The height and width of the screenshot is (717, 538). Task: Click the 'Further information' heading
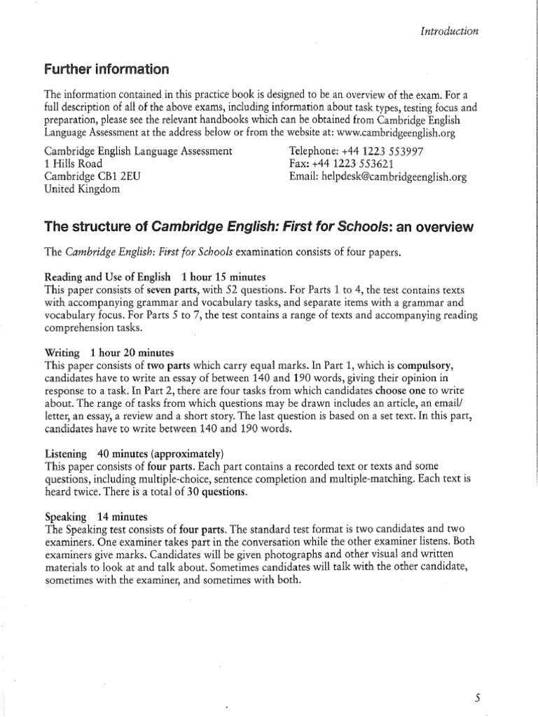[106, 69]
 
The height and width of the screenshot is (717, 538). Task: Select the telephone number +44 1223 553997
[371, 151]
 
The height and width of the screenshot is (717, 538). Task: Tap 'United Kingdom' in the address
[82, 190]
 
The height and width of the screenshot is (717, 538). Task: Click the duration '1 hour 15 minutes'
[222, 277]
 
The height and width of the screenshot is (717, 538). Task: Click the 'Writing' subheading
[62, 352]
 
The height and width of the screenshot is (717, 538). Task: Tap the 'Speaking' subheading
[65, 516]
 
